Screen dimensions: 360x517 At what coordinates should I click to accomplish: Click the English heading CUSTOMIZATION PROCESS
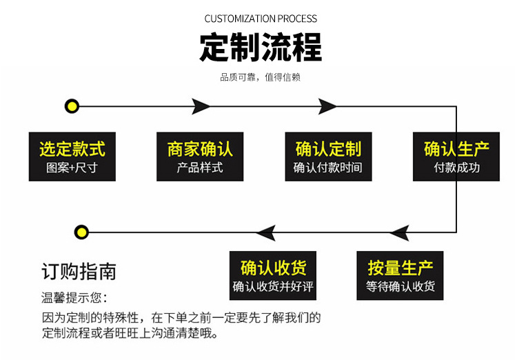[261, 19]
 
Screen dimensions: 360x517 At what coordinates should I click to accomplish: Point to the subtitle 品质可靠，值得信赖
[260, 77]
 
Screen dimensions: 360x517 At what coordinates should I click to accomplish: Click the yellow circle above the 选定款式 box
[72, 106]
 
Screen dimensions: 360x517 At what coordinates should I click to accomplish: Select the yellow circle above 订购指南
[81, 232]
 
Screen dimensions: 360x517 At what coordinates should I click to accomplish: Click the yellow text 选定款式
[72, 149]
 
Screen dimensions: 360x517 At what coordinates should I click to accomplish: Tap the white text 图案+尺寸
[72, 168]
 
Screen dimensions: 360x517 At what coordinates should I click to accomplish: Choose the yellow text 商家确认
[200, 149]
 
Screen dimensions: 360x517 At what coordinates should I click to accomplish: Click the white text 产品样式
[200, 168]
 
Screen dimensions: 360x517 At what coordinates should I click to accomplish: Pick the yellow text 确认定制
[328, 149]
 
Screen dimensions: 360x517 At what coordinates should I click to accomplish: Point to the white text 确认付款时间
[328, 168]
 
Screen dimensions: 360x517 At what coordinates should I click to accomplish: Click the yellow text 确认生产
[456, 149]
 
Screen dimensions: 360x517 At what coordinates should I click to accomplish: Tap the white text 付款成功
[456, 168]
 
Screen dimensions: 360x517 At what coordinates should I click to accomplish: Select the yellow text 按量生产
[400, 268]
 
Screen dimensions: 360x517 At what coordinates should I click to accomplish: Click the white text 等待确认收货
[400, 286]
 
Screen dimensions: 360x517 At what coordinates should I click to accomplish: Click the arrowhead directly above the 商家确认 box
[201, 106]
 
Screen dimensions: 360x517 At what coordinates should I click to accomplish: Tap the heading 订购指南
[79, 271]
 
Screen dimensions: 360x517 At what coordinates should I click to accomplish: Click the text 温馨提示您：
[74, 298]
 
